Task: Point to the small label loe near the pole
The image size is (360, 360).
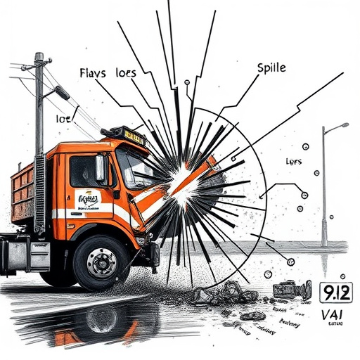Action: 64,120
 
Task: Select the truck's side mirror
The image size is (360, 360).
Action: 101,169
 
